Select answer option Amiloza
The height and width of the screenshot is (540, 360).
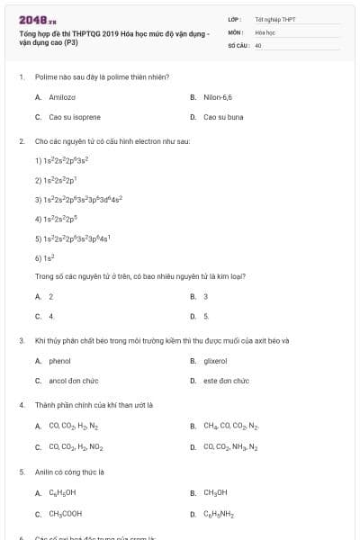[x=61, y=96]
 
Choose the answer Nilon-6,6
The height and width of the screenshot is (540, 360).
[x=218, y=96]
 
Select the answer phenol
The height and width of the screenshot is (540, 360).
[x=59, y=361]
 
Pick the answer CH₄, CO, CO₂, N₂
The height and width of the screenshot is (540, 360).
[x=230, y=426]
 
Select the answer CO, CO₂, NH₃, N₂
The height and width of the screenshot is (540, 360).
[x=230, y=446]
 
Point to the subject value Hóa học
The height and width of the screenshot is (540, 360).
[x=265, y=31]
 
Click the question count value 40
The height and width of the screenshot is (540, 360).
[x=258, y=45]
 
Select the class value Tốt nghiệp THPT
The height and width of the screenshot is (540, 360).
[x=274, y=19]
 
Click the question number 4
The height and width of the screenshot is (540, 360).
[x=21, y=405]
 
